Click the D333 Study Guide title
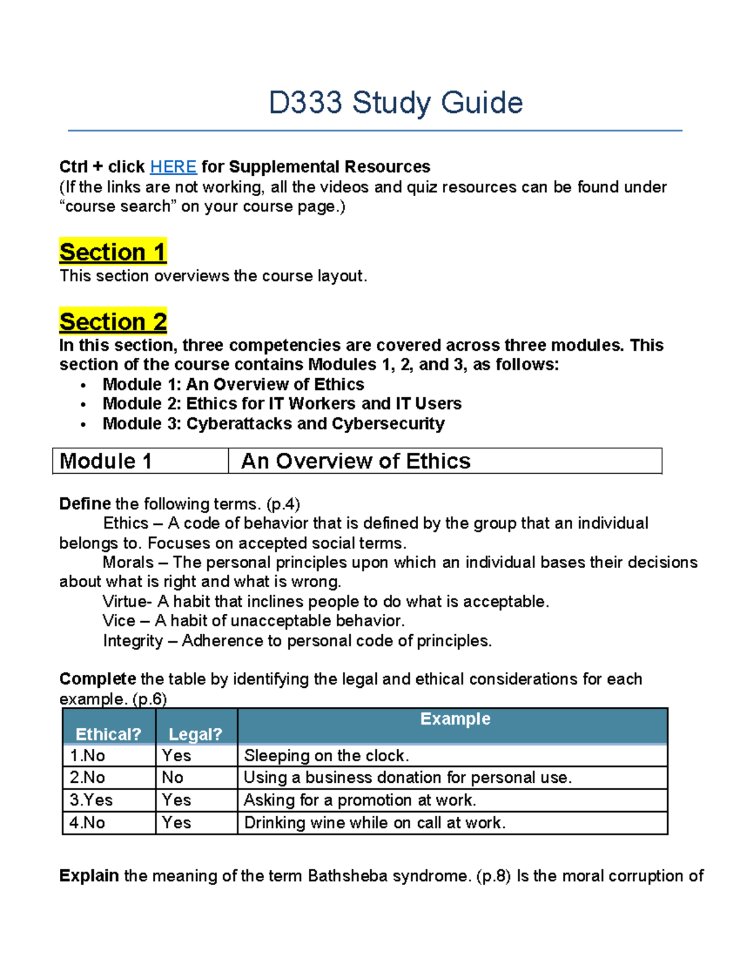[x=395, y=103]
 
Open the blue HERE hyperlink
[x=173, y=167]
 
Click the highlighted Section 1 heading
[x=113, y=252]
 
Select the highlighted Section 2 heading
[x=113, y=322]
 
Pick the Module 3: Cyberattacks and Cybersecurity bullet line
[x=273, y=424]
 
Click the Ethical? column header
[x=109, y=734]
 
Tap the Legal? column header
[x=195, y=734]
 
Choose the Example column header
[x=455, y=719]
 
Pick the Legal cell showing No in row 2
[x=173, y=778]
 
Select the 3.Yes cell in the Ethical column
[x=91, y=800]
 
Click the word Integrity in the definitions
[x=133, y=641]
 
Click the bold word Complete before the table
[x=97, y=679]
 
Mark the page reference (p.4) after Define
[x=283, y=504]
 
